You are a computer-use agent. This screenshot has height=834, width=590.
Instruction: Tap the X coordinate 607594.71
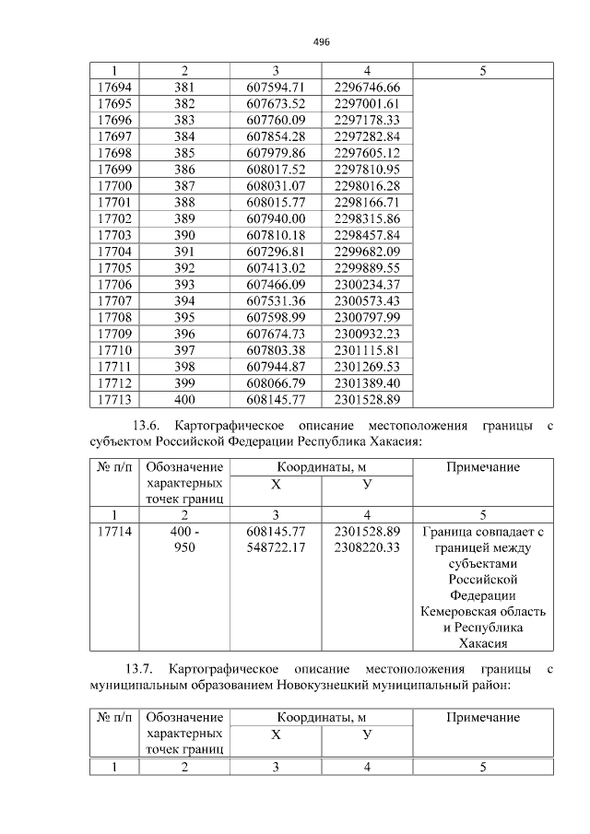tap(276, 88)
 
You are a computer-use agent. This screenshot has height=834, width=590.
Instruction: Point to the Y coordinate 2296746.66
tap(367, 88)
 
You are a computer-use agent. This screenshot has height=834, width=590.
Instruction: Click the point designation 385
tap(184, 152)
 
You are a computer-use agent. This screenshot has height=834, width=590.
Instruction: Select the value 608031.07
tap(276, 185)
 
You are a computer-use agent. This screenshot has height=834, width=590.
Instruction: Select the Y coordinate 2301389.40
tap(367, 382)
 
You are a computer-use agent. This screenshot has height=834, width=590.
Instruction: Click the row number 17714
tap(113, 532)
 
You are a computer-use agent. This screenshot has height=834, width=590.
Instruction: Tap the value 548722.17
tap(276, 547)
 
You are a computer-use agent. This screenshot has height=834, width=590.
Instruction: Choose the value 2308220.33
tap(367, 547)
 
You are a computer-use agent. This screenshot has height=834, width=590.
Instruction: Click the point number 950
tap(184, 547)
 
